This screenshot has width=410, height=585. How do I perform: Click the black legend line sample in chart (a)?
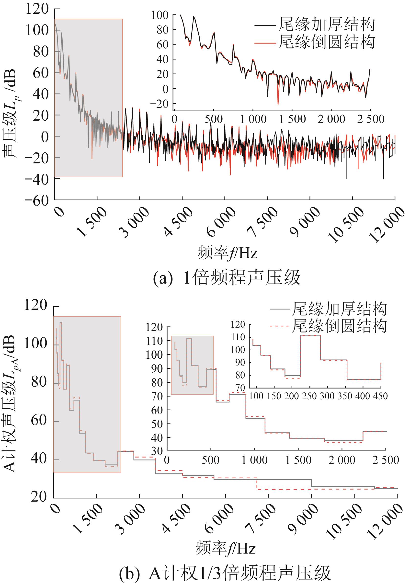pyautogui.click(x=265, y=26)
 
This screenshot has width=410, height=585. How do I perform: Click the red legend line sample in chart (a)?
pyautogui.click(x=265, y=43)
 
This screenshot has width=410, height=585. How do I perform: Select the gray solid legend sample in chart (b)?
pyautogui.click(x=280, y=309)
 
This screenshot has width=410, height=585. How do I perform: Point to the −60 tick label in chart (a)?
pyautogui.click(x=36, y=201)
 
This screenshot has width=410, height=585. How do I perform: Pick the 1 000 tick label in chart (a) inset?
pyautogui.click(x=253, y=119)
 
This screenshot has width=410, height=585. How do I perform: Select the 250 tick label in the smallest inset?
pyautogui.click(x=309, y=396)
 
